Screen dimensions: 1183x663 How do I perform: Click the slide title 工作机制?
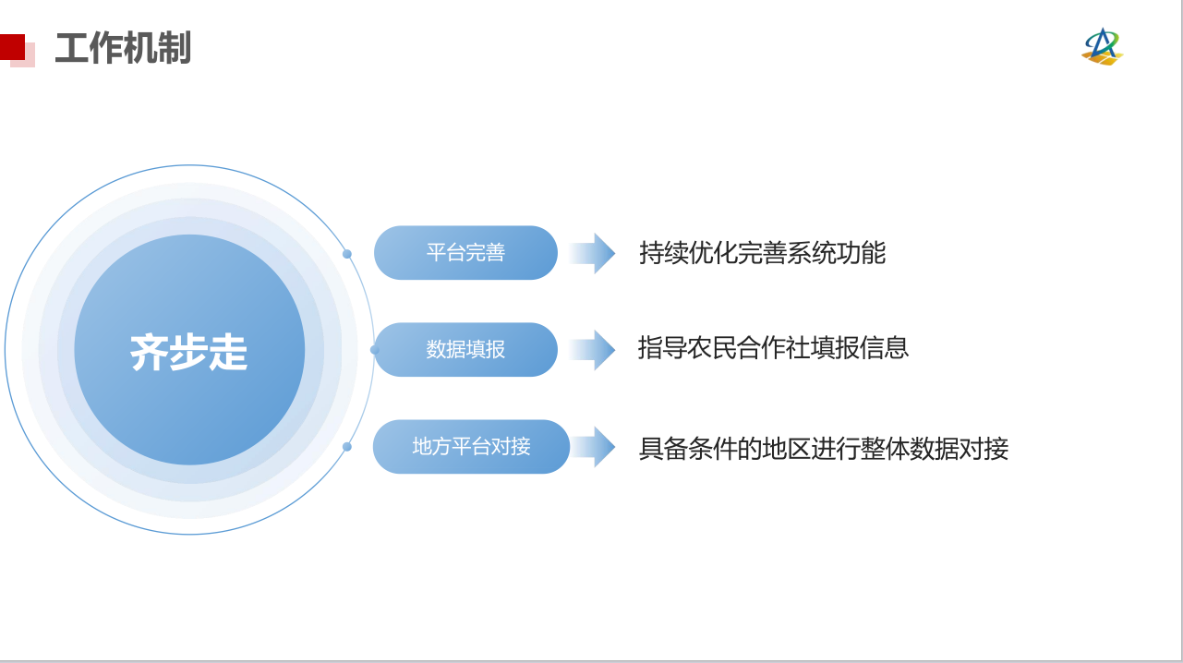[123, 48]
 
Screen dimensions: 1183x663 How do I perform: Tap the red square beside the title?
[12, 47]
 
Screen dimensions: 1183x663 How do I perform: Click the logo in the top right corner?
[1103, 47]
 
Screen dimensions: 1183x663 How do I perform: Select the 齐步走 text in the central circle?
[188, 352]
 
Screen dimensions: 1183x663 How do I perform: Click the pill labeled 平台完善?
[465, 253]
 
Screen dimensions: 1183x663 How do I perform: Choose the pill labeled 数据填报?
[465, 349]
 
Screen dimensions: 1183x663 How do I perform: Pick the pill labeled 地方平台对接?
[471, 447]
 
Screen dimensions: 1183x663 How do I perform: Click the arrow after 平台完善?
[593, 253]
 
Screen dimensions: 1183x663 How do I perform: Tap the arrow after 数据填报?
[593, 350]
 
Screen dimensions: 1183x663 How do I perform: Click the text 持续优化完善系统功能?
[762, 253]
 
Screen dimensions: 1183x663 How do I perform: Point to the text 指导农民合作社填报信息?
[773, 348]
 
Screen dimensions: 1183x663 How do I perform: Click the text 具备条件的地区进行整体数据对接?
[824, 449]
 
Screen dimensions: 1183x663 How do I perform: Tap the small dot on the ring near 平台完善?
[347, 254]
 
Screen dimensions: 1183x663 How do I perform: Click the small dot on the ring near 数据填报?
[374, 349]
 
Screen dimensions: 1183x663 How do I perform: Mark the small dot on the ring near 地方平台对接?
[347, 447]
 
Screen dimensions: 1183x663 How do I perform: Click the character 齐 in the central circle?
[149, 352]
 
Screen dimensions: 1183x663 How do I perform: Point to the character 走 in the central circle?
[228, 352]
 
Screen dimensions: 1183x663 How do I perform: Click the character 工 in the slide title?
[71, 48]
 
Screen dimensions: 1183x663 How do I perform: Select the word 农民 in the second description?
[711, 348]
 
